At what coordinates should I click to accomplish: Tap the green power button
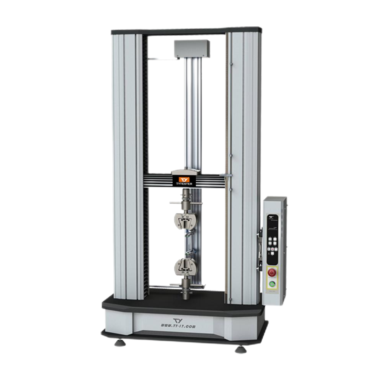(x=272, y=284)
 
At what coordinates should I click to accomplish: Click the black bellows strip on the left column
(x=145, y=165)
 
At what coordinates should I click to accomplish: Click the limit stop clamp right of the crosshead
(x=227, y=176)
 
